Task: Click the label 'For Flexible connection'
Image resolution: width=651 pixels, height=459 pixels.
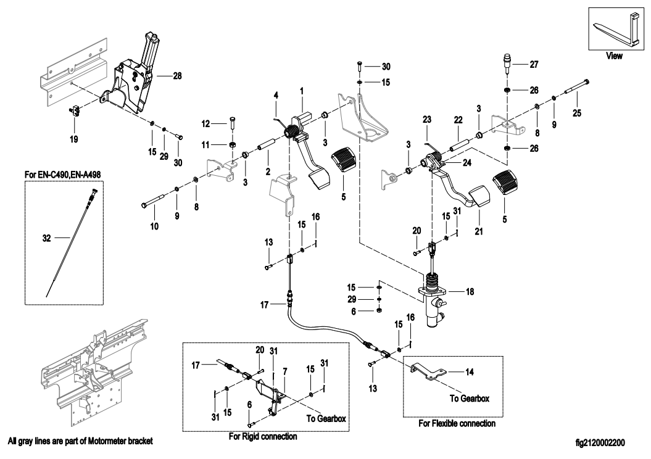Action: click(457, 424)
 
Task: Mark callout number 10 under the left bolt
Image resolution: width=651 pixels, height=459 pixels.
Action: click(154, 226)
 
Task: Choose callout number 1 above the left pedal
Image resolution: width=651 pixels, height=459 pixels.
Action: click(302, 90)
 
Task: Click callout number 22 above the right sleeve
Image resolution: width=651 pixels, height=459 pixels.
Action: click(458, 119)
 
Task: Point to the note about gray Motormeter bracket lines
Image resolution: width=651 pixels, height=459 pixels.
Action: click(80, 442)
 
